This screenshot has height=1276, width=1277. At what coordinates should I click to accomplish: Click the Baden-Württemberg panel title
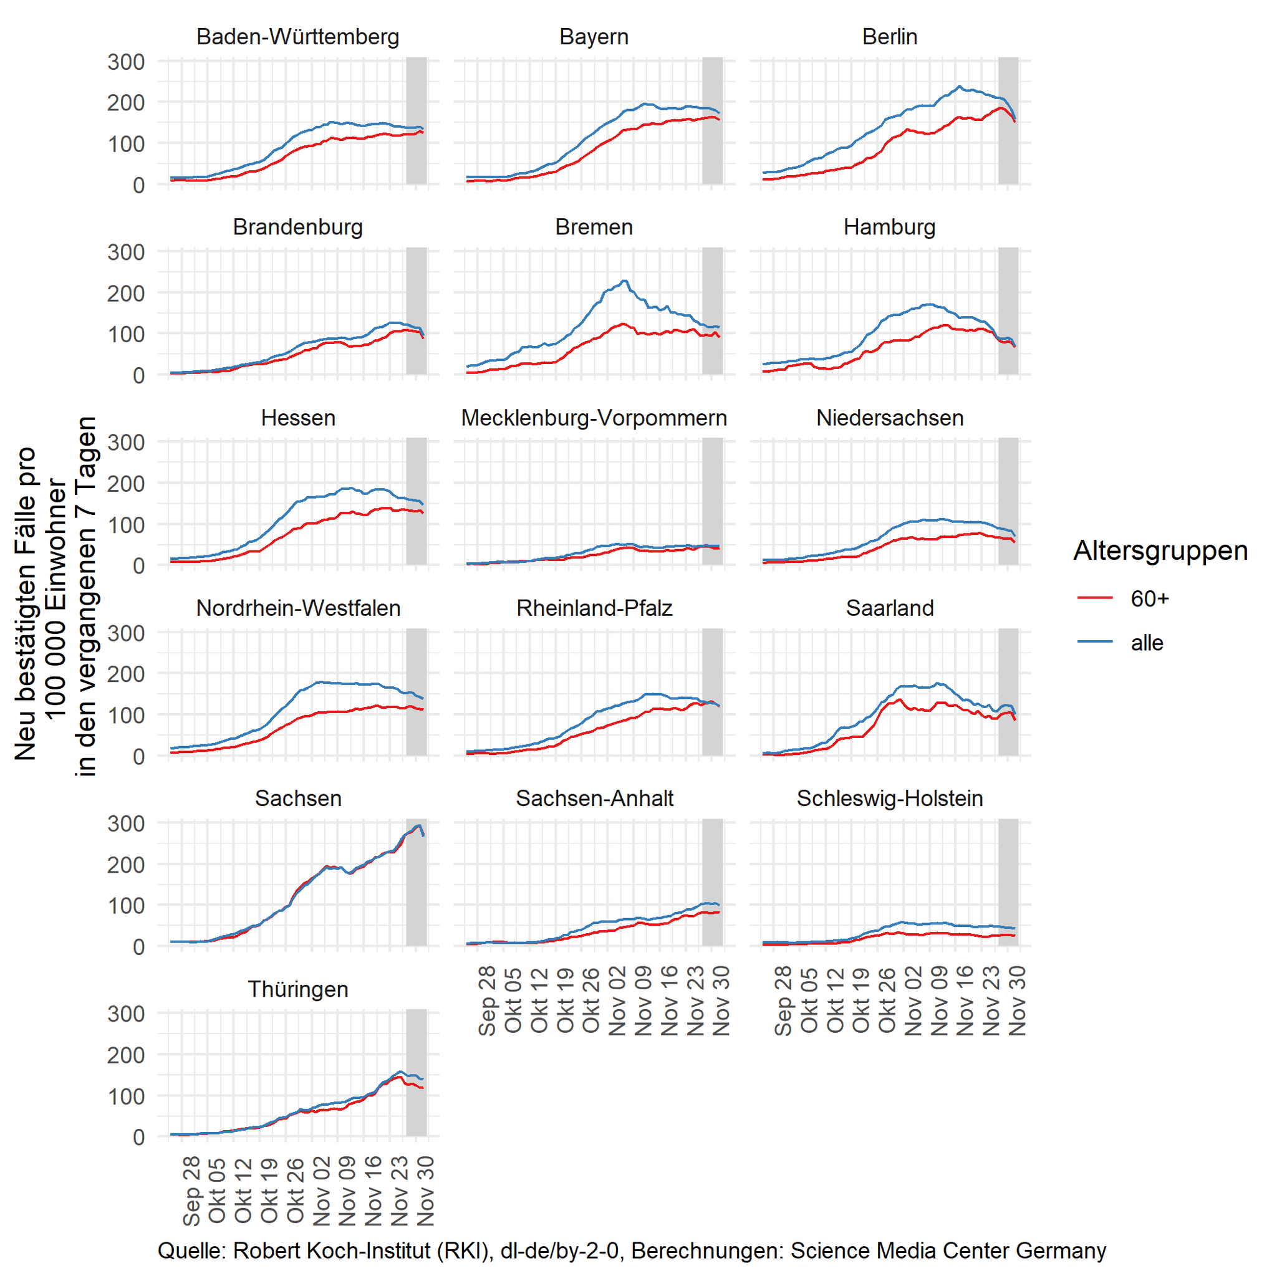297,36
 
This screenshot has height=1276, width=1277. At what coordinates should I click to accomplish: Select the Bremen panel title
594,227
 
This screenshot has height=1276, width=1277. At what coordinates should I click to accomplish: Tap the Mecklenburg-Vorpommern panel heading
594,418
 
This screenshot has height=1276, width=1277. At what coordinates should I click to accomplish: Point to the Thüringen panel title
297,989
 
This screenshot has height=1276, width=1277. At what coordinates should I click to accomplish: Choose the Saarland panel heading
890,608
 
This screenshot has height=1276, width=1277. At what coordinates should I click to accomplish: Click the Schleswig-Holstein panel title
890,799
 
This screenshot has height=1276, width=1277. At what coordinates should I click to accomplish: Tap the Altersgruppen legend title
1160,550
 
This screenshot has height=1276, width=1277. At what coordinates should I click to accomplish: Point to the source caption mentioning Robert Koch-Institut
631,1250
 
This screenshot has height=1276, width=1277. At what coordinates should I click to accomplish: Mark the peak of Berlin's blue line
959,86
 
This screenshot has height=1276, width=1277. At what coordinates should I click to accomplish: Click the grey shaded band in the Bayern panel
712,120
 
